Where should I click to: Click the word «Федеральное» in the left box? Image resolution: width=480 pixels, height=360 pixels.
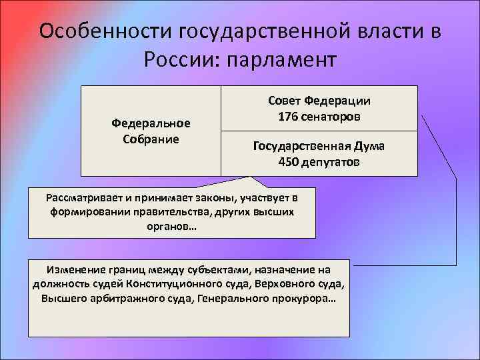click(151, 123)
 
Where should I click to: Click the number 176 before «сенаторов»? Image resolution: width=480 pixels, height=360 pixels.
click(289, 117)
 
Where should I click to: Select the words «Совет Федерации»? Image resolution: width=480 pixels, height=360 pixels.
click(319, 101)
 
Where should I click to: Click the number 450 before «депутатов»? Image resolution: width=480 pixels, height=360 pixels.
click(289, 161)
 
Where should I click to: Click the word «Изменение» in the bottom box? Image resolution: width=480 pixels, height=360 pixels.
click(74, 269)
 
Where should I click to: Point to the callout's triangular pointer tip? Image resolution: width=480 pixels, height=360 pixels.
click(252, 177)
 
